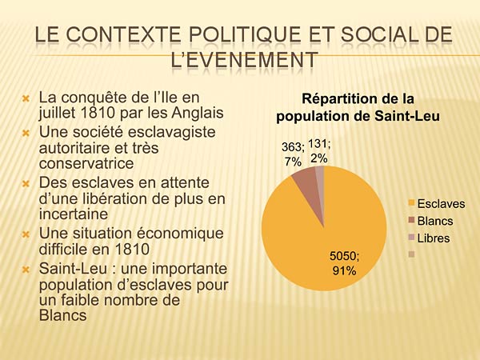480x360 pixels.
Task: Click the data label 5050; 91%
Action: click(345, 262)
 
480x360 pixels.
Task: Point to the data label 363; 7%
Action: click(293, 154)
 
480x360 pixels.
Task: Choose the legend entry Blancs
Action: click(435, 221)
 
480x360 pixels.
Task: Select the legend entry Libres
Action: click(434, 238)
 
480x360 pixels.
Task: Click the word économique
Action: click(182, 234)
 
